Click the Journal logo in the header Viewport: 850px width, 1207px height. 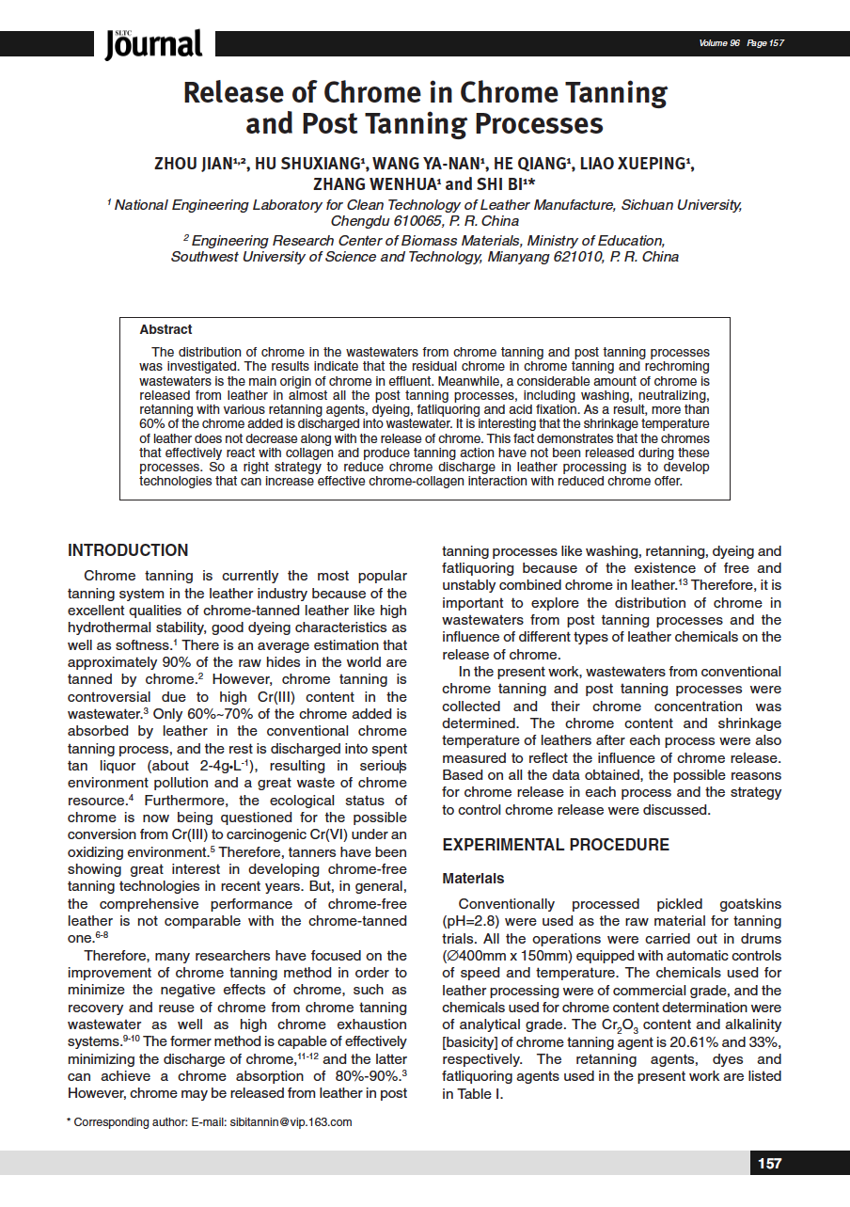point(153,43)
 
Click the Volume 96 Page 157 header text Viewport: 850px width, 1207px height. point(741,43)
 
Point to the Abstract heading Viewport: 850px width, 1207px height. point(165,330)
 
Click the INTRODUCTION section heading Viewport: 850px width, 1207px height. point(128,550)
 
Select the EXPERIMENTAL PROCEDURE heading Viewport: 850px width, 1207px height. point(556,845)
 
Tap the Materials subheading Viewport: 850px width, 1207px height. point(473,879)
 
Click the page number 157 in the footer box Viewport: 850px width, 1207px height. point(769,1164)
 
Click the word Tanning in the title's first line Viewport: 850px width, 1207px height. point(612,93)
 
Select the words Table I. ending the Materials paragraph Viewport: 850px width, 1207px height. point(484,1094)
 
